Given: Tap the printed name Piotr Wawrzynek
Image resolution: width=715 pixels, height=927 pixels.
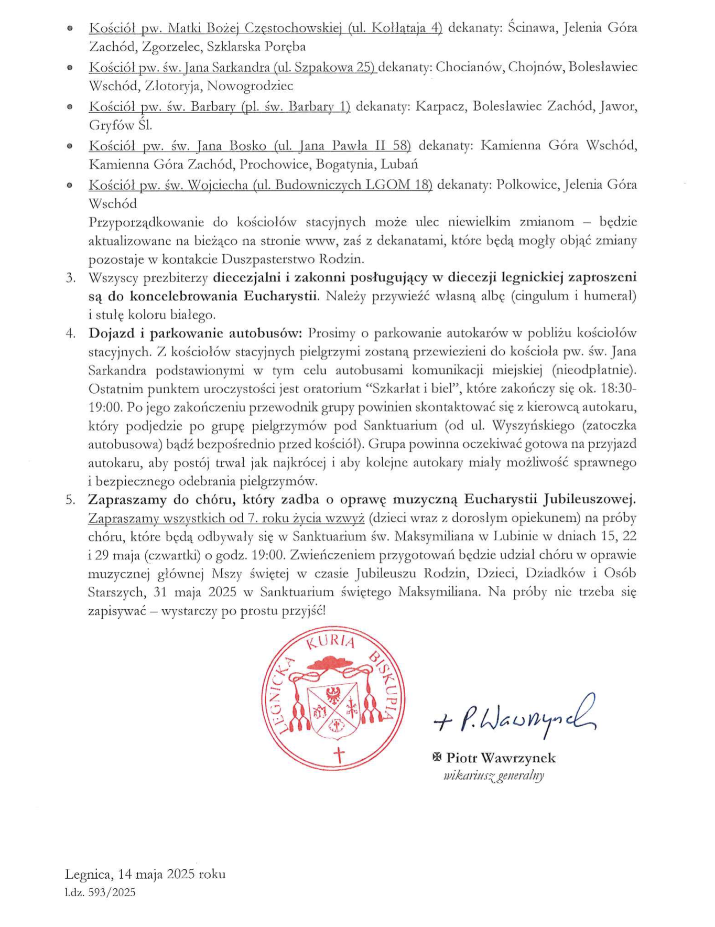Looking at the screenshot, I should pyautogui.click(x=501, y=758).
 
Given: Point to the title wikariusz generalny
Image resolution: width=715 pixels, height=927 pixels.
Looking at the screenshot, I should pyautogui.click(x=493, y=775).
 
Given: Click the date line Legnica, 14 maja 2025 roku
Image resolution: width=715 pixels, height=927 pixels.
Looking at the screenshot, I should pyautogui.click(x=145, y=874).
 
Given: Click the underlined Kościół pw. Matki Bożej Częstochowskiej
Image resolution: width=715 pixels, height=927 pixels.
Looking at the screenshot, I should pyautogui.click(x=215, y=28).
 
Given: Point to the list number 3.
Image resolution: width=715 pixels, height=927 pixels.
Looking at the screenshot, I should pyautogui.click(x=70, y=278).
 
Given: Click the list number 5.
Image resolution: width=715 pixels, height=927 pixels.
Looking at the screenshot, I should pyautogui.click(x=70, y=500).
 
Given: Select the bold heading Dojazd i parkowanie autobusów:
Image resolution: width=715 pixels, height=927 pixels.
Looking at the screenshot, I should pyautogui.click(x=196, y=333).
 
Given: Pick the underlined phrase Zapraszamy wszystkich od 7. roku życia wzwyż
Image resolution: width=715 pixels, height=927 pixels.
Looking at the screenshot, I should pyautogui.click(x=226, y=518).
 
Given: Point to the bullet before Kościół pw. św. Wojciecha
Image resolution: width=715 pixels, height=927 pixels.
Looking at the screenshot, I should pyautogui.click(x=70, y=185).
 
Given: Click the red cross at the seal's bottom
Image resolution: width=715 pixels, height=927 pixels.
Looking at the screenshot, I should pyautogui.click(x=339, y=756).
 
